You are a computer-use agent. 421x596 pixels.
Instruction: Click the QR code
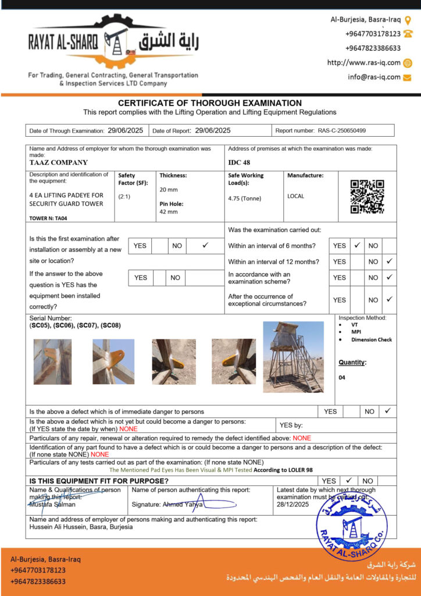pos(367,197)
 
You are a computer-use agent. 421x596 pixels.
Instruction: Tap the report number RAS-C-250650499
pos(342,131)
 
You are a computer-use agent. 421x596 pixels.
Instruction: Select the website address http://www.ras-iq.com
pos(364,63)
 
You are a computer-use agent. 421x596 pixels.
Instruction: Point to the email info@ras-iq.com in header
pos(374,77)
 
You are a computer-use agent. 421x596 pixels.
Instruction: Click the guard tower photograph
pos(293,357)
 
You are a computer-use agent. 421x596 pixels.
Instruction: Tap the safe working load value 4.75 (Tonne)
pos(245,198)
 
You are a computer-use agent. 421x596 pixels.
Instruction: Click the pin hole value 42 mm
pos(169,212)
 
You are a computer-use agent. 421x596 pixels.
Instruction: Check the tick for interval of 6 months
pos(357,246)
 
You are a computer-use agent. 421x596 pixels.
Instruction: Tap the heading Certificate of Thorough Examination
pos(210,103)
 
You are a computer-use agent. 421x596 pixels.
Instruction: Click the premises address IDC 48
pos(239,163)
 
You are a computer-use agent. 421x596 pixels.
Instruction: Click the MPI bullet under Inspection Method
pos(355,332)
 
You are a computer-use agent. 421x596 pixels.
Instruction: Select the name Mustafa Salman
pos(52,505)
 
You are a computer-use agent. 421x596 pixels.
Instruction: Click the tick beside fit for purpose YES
pos(349,481)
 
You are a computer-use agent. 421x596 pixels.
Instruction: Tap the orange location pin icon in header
pos(408,20)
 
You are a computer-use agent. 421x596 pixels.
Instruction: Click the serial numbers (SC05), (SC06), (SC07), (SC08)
pos(75,325)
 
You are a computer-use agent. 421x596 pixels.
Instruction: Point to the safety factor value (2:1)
pos(124,197)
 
